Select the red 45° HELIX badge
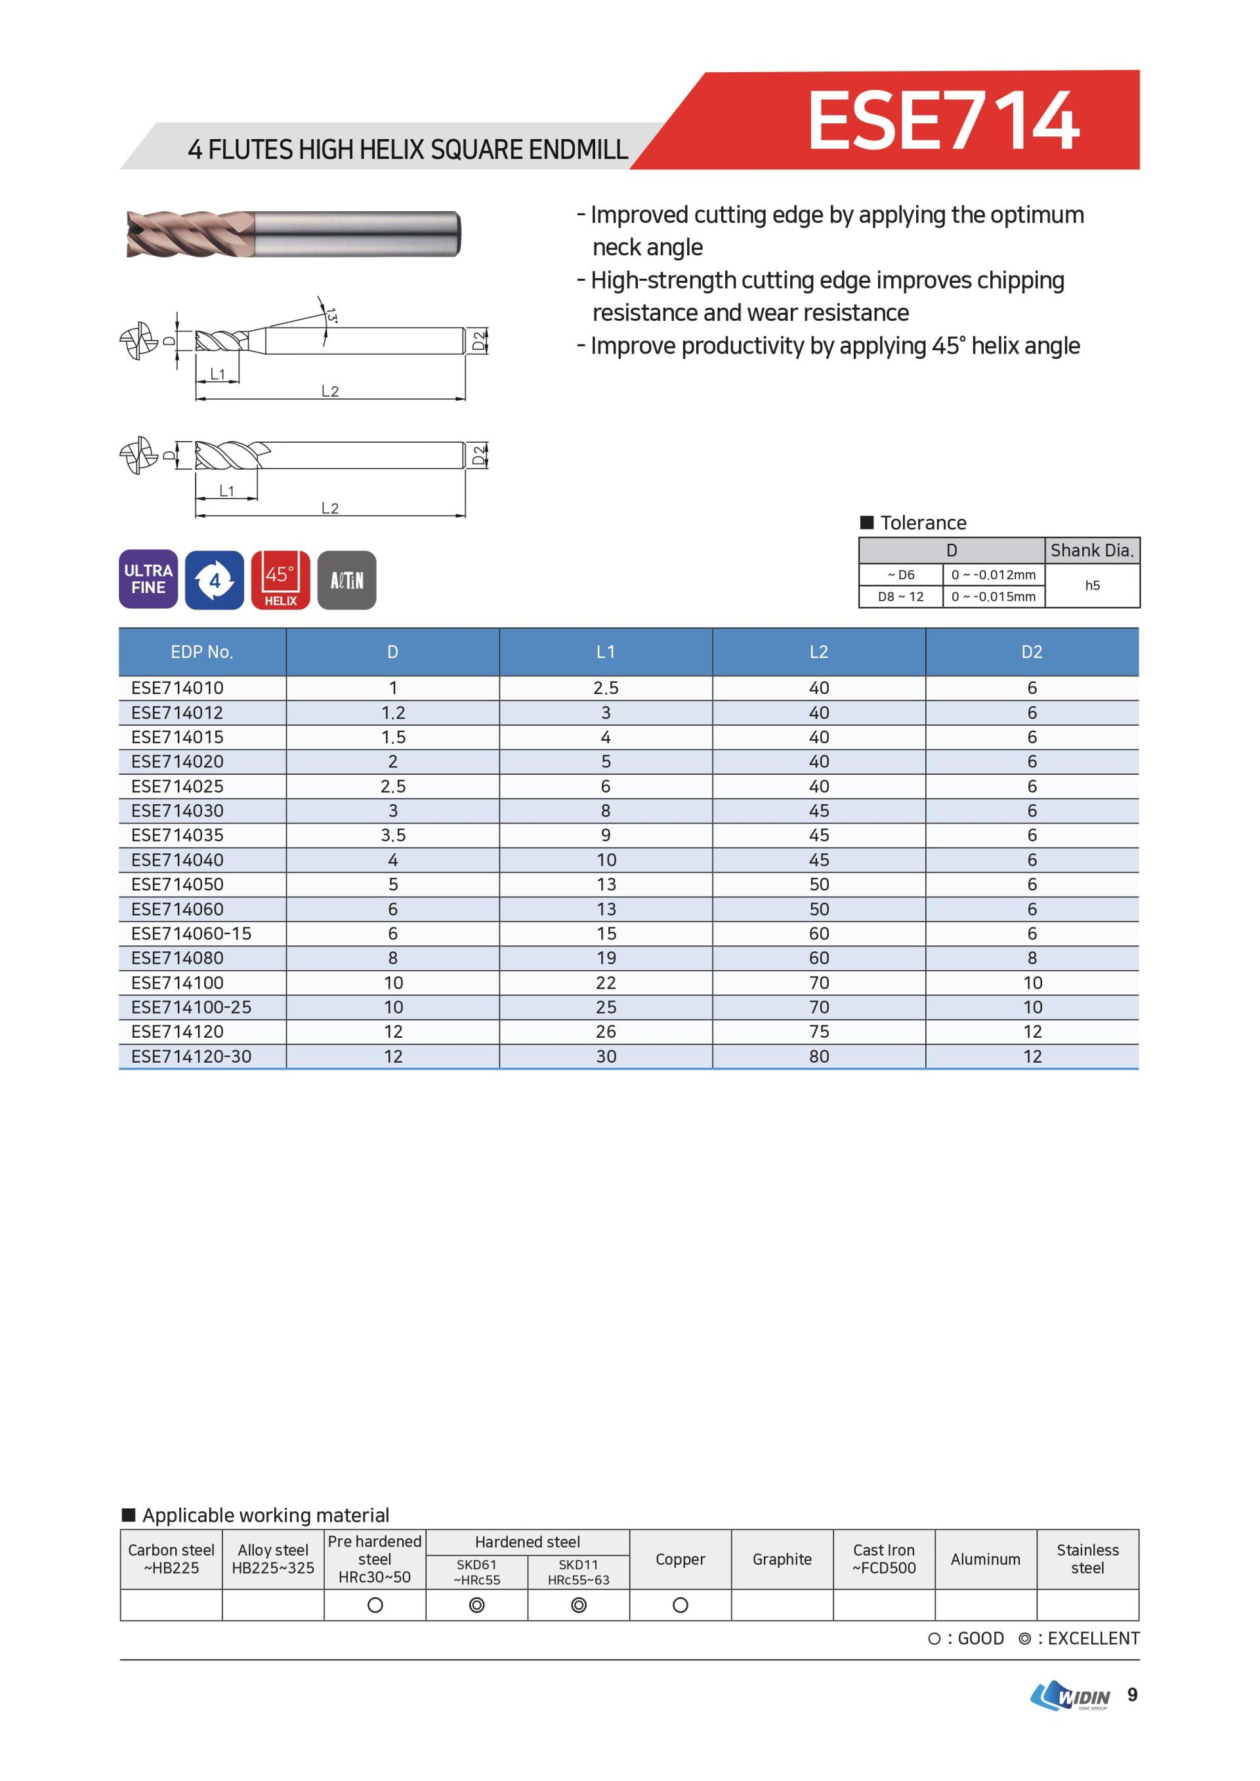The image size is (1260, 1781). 280,581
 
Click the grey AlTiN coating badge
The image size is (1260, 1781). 346,581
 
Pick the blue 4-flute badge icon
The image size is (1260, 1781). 214,581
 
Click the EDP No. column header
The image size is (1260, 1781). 201,652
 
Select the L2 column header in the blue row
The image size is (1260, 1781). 818,652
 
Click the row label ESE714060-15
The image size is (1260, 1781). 191,933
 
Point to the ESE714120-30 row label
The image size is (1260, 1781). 191,1057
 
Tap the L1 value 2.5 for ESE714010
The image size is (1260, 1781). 605,688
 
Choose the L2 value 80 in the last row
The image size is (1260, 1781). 818,1057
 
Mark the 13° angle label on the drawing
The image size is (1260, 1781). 331,316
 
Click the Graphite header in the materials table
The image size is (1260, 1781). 782,1559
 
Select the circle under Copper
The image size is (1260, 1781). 680,1605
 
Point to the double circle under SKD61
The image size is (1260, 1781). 476,1605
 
